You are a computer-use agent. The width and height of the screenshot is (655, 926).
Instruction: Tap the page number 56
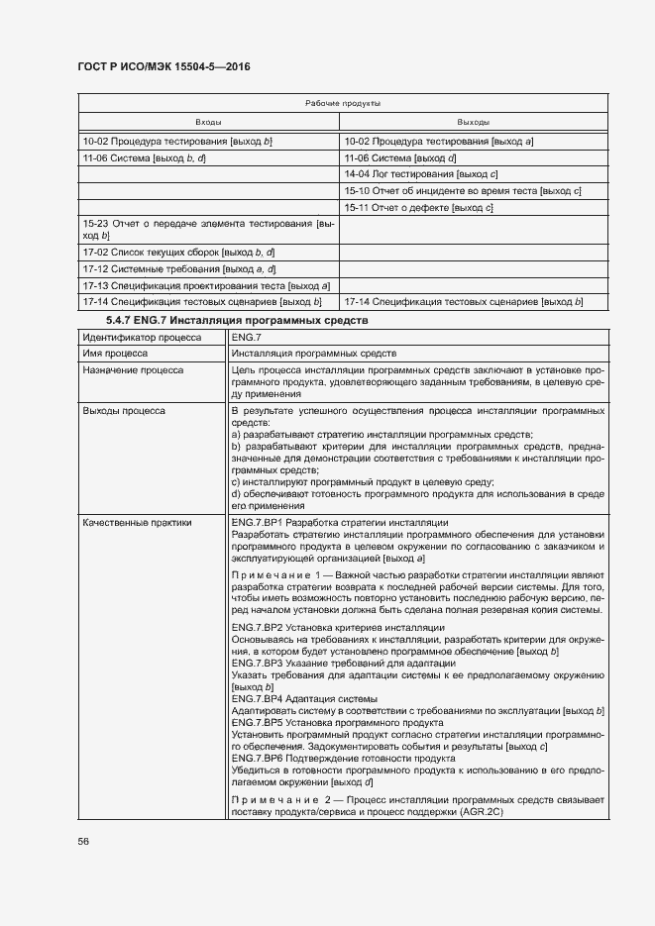(83, 841)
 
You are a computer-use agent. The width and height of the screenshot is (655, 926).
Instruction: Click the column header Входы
(208, 122)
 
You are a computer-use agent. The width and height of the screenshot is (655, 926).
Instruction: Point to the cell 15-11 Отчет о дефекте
(418, 207)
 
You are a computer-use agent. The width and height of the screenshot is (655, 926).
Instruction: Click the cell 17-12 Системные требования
(178, 268)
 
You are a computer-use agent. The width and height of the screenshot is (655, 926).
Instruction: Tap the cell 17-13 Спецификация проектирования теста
(206, 285)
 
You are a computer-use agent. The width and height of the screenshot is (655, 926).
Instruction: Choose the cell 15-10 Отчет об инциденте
(462, 190)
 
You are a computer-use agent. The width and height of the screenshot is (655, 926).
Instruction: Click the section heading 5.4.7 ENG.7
(237, 320)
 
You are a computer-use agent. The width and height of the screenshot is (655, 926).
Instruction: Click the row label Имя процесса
(116, 353)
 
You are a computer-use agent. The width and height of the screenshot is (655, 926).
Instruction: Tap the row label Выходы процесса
(124, 409)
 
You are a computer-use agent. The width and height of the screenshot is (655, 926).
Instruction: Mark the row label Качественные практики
(137, 522)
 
